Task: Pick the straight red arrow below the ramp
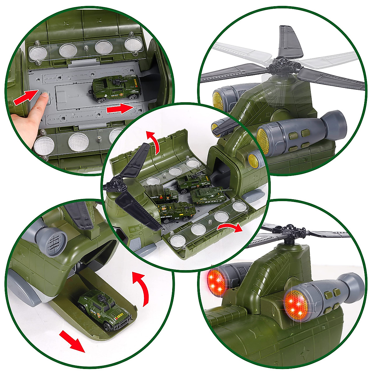(72, 341)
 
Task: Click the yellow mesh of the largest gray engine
(264, 141)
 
